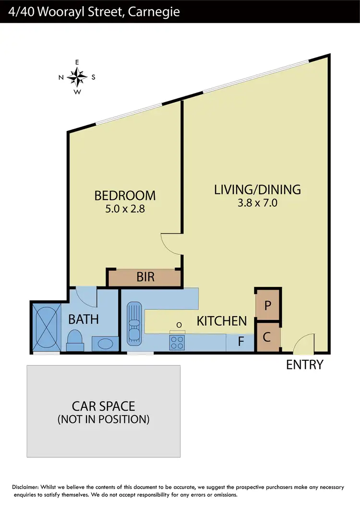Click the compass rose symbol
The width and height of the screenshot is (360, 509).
click(77, 76)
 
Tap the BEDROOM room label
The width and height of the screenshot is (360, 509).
click(125, 195)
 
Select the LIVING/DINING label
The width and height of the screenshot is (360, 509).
click(257, 189)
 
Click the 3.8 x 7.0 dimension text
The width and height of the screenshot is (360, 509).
click(257, 203)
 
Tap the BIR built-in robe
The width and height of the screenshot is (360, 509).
click(145, 277)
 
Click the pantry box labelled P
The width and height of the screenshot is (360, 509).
click(268, 305)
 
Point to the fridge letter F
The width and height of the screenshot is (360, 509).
click(241, 343)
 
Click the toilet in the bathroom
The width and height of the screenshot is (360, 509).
click(74, 339)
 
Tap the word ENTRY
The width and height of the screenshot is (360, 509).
click(304, 365)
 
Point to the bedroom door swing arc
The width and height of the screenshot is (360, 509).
click(169, 243)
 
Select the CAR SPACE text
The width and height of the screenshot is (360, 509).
click(103, 406)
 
